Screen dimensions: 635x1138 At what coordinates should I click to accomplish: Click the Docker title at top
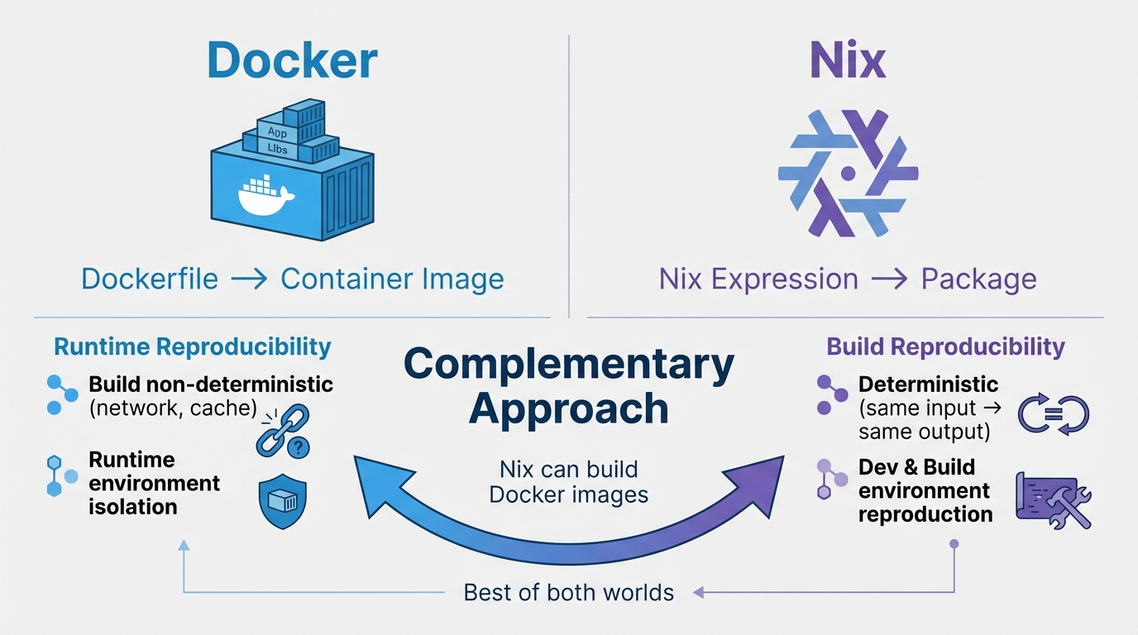tap(292, 60)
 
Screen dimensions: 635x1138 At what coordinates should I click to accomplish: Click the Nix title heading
tap(847, 60)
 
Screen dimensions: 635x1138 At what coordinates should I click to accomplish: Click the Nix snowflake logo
tap(848, 174)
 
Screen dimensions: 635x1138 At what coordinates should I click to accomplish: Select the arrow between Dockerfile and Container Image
tap(249, 279)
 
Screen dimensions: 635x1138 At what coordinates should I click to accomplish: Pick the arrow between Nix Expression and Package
tap(889, 279)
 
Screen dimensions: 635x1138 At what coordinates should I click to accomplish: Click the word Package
tap(978, 279)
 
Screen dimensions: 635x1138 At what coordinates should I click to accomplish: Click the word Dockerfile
tap(150, 279)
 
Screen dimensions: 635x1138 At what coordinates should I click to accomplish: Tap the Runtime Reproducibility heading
tap(193, 346)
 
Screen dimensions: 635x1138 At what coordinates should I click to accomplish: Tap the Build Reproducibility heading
tap(945, 346)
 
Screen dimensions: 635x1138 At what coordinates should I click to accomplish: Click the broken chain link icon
tap(284, 431)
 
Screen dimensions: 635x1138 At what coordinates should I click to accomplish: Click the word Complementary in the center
tap(569, 365)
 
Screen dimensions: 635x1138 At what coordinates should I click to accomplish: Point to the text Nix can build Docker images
tap(569, 482)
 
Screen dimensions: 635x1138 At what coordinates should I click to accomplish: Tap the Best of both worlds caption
tap(569, 592)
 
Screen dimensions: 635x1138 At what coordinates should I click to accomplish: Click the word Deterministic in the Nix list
tap(928, 384)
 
